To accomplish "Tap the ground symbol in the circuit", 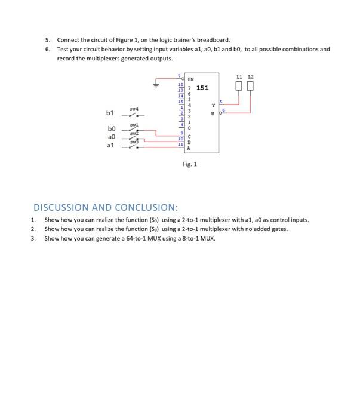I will pos(156,85).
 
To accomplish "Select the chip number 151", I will pos(202,88).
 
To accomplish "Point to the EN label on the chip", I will pos(190,78).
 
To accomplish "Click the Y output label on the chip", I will pos(212,106).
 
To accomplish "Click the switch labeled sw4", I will pos(135,113).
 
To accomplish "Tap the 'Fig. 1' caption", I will pos(190,163).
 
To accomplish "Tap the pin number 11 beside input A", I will pos(181,145).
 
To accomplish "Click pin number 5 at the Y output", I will pos(221,102).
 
